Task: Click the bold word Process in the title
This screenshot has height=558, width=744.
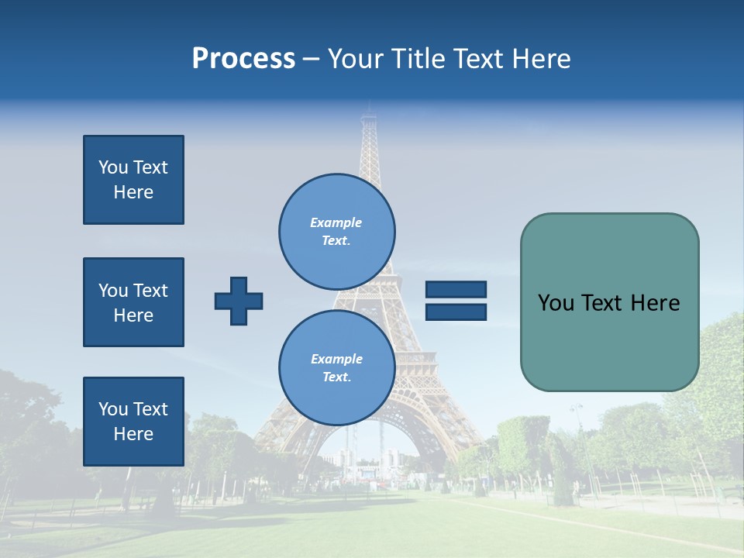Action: pyautogui.click(x=243, y=59)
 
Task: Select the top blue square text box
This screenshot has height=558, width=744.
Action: pyautogui.click(x=133, y=180)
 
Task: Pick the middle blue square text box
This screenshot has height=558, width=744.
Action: pyautogui.click(x=133, y=302)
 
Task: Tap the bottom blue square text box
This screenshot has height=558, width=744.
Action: pyautogui.click(x=133, y=422)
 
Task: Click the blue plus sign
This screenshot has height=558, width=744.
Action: pyautogui.click(x=239, y=301)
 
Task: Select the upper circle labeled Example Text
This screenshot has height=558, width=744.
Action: pyautogui.click(x=337, y=231)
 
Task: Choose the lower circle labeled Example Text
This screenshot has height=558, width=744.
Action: pyautogui.click(x=337, y=367)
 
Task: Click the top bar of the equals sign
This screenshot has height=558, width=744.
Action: pyautogui.click(x=456, y=289)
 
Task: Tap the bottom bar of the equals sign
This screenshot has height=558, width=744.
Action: pyautogui.click(x=456, y=312)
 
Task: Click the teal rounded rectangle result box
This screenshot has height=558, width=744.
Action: pyautogui.click(x=609, y=341)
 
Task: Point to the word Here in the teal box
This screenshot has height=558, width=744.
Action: pyautogui.click(x=655, y=303)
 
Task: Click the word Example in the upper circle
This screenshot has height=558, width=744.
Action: pyautogui.click(x=336, y=222)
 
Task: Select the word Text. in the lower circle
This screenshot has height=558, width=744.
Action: pyautogui.click(x=336, y=377)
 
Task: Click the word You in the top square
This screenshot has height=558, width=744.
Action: pyautogui.click(x=113, y=167)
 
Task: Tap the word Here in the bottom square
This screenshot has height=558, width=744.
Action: pyautogui.click(x=133, y=434)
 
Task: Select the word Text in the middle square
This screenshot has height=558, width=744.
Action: pyautogui.click(x=150, y=291)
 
